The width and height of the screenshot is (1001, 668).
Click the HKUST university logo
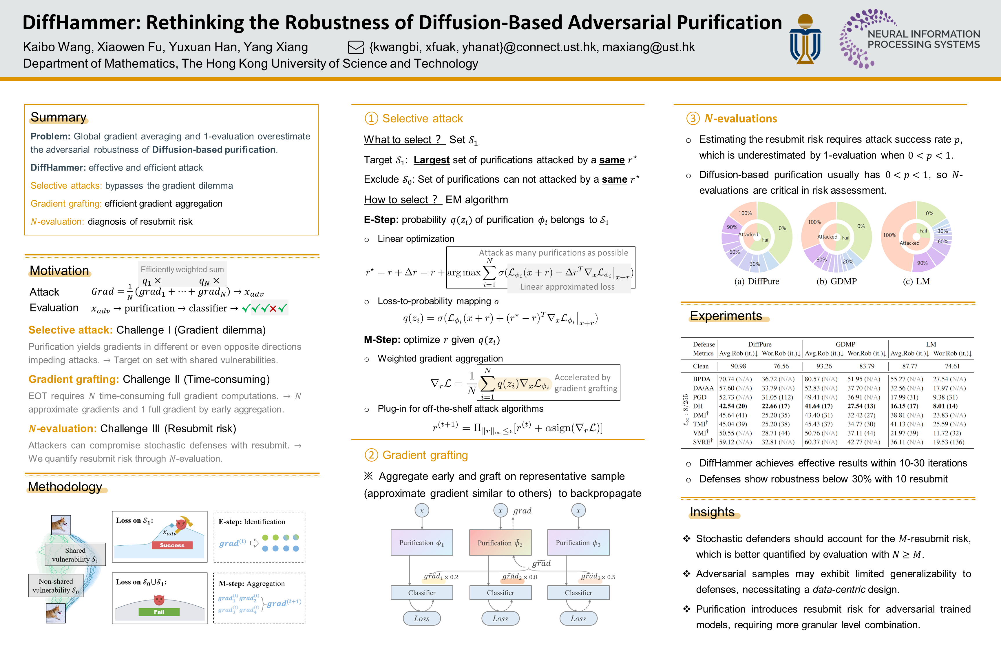[x=805, y=39]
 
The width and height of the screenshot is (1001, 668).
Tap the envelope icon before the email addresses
[x=356, y=47]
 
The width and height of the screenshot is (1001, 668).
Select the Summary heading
[x=58, y=117]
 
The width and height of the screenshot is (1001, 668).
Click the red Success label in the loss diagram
[x=172, y=545]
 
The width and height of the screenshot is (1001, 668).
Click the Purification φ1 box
[x=421, y=543]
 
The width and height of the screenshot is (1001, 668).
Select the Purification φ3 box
[x=578, y=543]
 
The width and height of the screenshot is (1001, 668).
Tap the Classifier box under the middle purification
[x=500, y=593]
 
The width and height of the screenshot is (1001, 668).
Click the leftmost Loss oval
[x=421, y=618]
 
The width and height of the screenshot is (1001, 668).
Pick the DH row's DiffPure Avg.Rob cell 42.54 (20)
[x=733, y=406]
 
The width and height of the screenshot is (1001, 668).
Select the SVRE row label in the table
[x=702, y=442]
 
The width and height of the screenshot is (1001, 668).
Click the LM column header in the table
[x=931, y=344]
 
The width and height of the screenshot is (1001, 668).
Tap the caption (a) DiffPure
[x=757, y=281]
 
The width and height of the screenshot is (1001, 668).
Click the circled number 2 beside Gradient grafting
[x=371, y=455]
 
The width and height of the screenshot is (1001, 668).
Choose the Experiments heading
[x=726, y=316]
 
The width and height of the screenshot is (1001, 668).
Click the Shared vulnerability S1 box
[x=75, y=555]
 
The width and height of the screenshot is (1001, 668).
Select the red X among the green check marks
[x=273, y=308]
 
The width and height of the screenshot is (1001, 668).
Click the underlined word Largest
[x=431, y=160]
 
